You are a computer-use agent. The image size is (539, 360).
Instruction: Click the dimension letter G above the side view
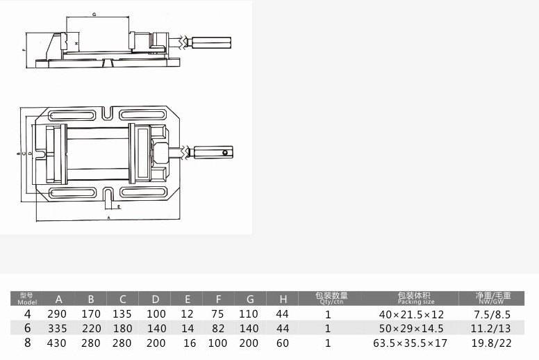[94, 14]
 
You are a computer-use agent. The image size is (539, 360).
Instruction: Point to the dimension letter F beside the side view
[23, 51]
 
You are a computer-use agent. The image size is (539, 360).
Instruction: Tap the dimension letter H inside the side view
[76, 43]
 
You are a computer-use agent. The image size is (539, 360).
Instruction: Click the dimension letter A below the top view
[108, 218]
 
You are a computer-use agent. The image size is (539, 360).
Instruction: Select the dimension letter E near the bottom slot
[119, 207]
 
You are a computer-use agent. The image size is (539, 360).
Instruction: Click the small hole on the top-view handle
[226, 152]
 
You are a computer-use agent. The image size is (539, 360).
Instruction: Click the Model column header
[27, 299]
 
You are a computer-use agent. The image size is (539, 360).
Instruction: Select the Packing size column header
[415, 299]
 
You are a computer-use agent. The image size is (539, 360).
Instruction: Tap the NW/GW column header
[494, 299]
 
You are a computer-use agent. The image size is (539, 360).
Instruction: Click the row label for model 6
[27, 328]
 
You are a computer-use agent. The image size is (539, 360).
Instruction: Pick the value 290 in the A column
[59, 314]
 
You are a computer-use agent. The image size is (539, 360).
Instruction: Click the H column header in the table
[282, 300]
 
